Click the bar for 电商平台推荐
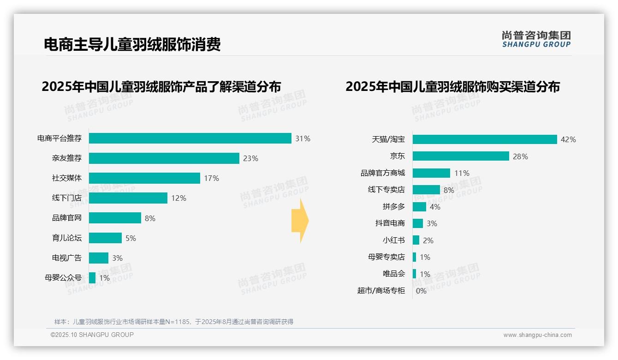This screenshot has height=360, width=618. (190, 138)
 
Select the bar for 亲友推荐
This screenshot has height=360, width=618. (164, 158)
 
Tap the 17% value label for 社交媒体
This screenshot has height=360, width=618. (212, 178)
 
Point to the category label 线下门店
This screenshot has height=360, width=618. (67, 198)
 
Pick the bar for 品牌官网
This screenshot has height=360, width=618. (115, 218)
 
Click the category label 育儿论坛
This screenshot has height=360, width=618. (67, 238)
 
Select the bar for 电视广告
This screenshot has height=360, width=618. (99, 258)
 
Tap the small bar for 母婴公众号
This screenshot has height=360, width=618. (92, 278)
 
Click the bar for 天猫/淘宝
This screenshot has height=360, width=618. (485, 139)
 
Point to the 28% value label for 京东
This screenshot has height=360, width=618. (520, 156)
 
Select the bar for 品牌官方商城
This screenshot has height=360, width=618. (431, 173)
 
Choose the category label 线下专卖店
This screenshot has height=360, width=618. (386, 190)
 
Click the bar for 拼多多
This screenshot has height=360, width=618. (419, 207)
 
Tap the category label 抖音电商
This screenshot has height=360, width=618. (390, 223)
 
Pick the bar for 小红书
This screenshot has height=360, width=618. (416, 240)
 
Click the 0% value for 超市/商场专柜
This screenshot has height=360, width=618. (421, 291)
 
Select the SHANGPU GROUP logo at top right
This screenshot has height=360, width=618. (536, 39)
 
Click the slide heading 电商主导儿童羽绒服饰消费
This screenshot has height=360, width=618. (132, 44)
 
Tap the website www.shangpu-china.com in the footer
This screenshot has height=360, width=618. (537, 335)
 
